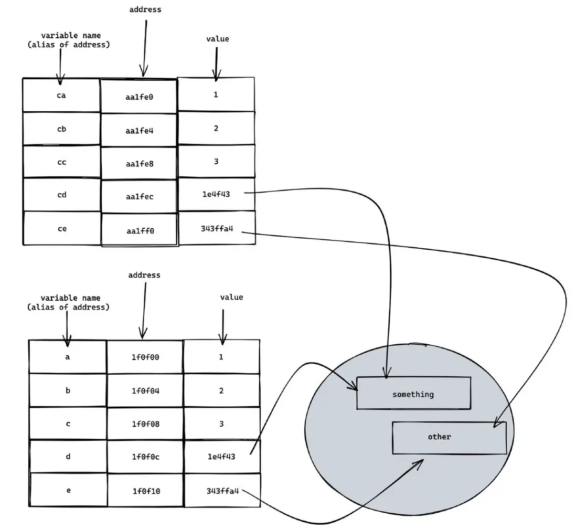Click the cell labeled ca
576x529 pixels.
[x=61, y=96]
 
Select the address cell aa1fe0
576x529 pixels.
[x=139, y=97]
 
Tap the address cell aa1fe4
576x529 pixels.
[x=139, y=130]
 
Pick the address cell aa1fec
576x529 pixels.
[x=139, y=196]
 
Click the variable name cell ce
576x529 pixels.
[x=61, y=228]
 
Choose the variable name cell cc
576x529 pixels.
[x=61, y=162]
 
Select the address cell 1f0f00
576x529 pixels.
[x=145, y=357]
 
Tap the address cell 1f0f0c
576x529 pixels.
[x=145, y=457]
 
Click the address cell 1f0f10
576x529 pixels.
[x=145, y=491]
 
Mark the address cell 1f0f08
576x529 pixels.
[x=145, y=424]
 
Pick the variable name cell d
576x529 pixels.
[x=68, y=456]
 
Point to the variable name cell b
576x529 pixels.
[x=68, y=390]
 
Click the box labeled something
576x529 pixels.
[x=413, y=394]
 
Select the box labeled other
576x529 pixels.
[x=450, y=437]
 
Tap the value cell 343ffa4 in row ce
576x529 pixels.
[x=217, y=228]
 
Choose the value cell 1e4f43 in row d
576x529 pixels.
[x=221, y=456]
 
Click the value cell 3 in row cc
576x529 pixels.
[x=216, y=161]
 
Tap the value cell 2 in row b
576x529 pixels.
[x=221, y=390]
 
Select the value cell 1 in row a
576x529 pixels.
[x=221, y=357]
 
